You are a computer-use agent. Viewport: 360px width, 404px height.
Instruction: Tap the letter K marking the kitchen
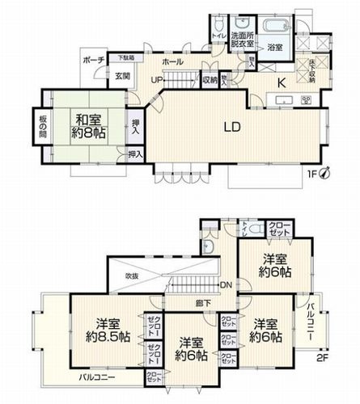tap(282, 82)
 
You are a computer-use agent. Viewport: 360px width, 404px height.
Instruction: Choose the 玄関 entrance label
tap(121, 76)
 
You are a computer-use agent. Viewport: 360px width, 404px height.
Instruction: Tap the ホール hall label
tap(172, 61)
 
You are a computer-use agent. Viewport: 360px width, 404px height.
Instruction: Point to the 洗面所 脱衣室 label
tap(243, 42)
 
